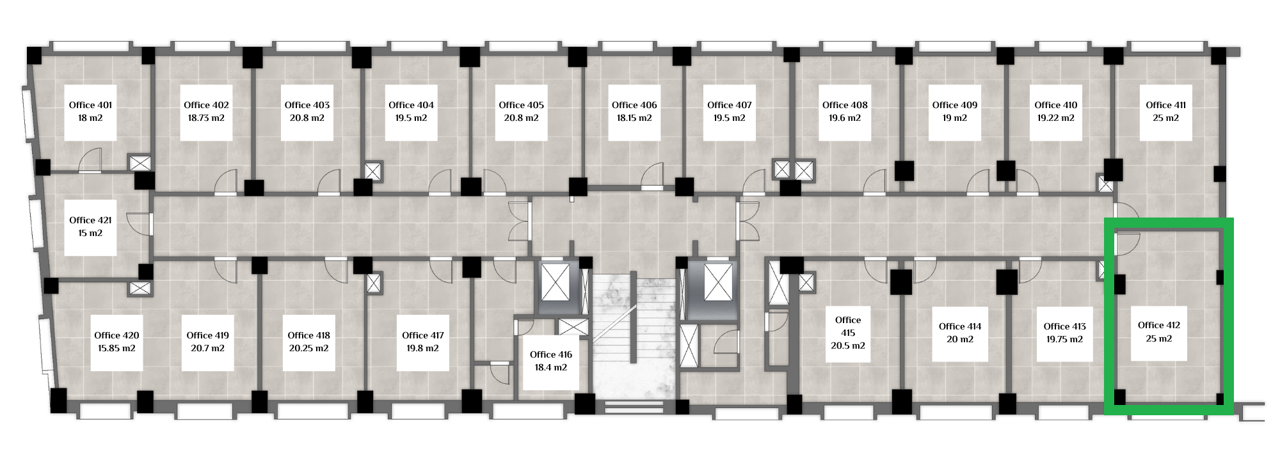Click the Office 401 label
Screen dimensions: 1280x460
tap(90, 106)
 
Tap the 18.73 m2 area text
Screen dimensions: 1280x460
tap(206, 118)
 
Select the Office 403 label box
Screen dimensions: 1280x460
tap(307, 113)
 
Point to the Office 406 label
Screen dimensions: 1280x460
tap(634, 106)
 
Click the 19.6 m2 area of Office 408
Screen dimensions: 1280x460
tap(845, 118)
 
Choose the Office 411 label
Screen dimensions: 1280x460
tap(1165, 106)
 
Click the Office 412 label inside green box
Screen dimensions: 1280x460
tap(1159, 326)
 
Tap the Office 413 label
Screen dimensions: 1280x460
tap(1065, 327)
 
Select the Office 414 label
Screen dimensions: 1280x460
tap(960, 327)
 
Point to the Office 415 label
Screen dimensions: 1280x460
tap(848, 326)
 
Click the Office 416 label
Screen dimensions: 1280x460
tap(551, 355)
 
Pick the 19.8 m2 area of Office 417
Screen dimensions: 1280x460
tap(422, 349)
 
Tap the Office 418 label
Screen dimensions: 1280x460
tap(308, 336)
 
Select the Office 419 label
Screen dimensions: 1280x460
tap(207, 336)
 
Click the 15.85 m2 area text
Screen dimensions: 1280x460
tap(116, 349)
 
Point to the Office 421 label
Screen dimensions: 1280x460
tap(90, 221)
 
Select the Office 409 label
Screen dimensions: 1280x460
tap(955, 106)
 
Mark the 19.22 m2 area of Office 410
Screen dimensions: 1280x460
tap(1056, 118)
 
